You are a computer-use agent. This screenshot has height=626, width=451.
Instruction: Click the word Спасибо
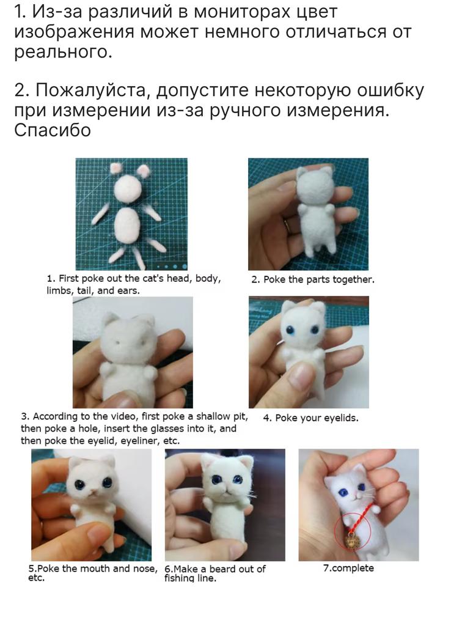[x=53, y=130]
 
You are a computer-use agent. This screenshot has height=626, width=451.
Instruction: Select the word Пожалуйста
[x=93, y=91]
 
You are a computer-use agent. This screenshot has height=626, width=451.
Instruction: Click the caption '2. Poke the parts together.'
[x=313, y=279]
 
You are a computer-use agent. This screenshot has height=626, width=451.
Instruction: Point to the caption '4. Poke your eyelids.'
[x=310, y=418]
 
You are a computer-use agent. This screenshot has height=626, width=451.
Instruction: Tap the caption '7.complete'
[x=348, y=568]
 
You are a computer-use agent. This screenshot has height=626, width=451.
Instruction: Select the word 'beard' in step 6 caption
[x=222, y=569]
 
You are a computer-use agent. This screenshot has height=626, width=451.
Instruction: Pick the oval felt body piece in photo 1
[x=127, y=224]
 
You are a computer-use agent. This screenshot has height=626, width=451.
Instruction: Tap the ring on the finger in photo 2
[x=287, y=225]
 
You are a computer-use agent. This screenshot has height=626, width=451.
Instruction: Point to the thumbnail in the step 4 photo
[x=301, y=376]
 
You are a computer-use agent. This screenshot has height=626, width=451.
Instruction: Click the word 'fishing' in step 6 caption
[x=180, y=578]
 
